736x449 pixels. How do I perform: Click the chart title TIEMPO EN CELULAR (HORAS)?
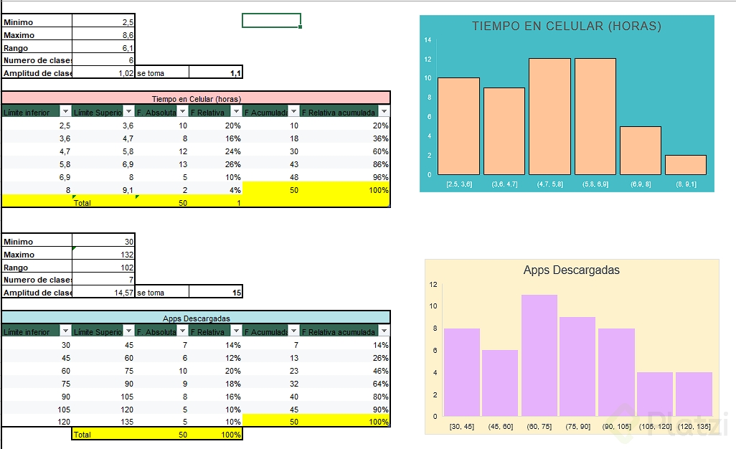point(566,27)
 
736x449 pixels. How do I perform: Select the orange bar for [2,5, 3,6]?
point(458,126)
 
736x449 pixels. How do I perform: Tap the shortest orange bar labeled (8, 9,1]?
point(686,165)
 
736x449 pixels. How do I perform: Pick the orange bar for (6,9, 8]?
point(640,151)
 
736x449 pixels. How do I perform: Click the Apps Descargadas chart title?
point(571,270)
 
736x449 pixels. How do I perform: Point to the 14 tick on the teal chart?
point(428,40)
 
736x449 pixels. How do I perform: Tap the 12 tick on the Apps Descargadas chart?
point(433,284)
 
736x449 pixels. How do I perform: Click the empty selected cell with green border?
point(271,20)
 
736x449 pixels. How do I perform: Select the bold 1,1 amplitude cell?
point(216,72)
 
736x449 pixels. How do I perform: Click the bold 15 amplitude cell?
point(216,293)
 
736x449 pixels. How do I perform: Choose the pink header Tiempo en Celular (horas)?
point(196,98)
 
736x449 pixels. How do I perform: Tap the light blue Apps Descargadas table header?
point(196,318)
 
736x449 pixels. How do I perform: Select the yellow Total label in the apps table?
point(82,434)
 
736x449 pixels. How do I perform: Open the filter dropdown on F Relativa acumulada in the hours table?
point(384,112)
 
